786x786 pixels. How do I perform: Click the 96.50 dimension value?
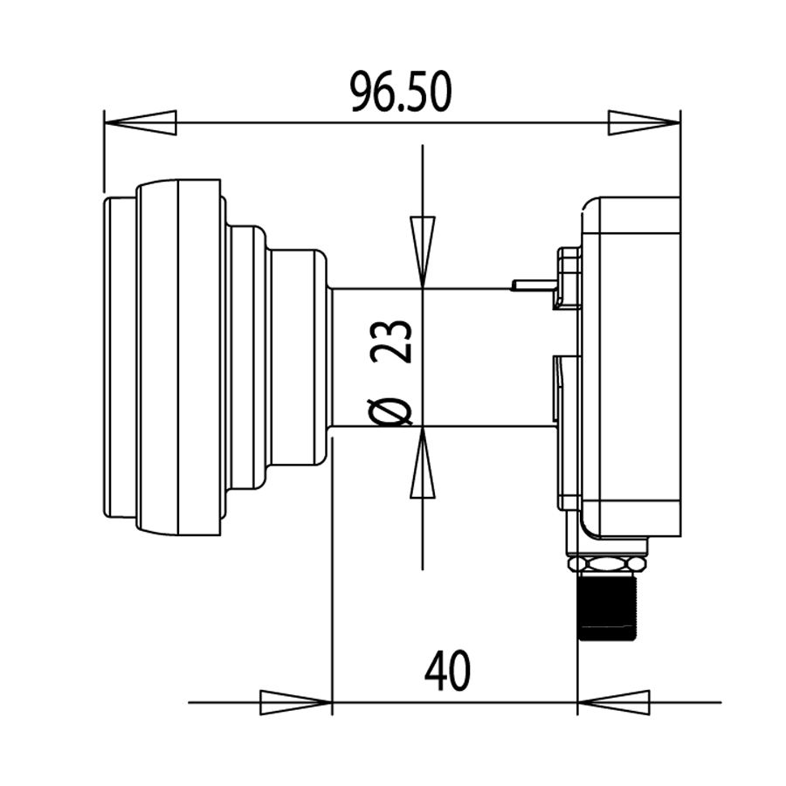click(401, 92)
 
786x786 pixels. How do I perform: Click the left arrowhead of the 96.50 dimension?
click(140, 122)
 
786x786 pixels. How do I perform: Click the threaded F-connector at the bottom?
click(609, 608)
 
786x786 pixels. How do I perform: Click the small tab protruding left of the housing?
click(533, 285)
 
